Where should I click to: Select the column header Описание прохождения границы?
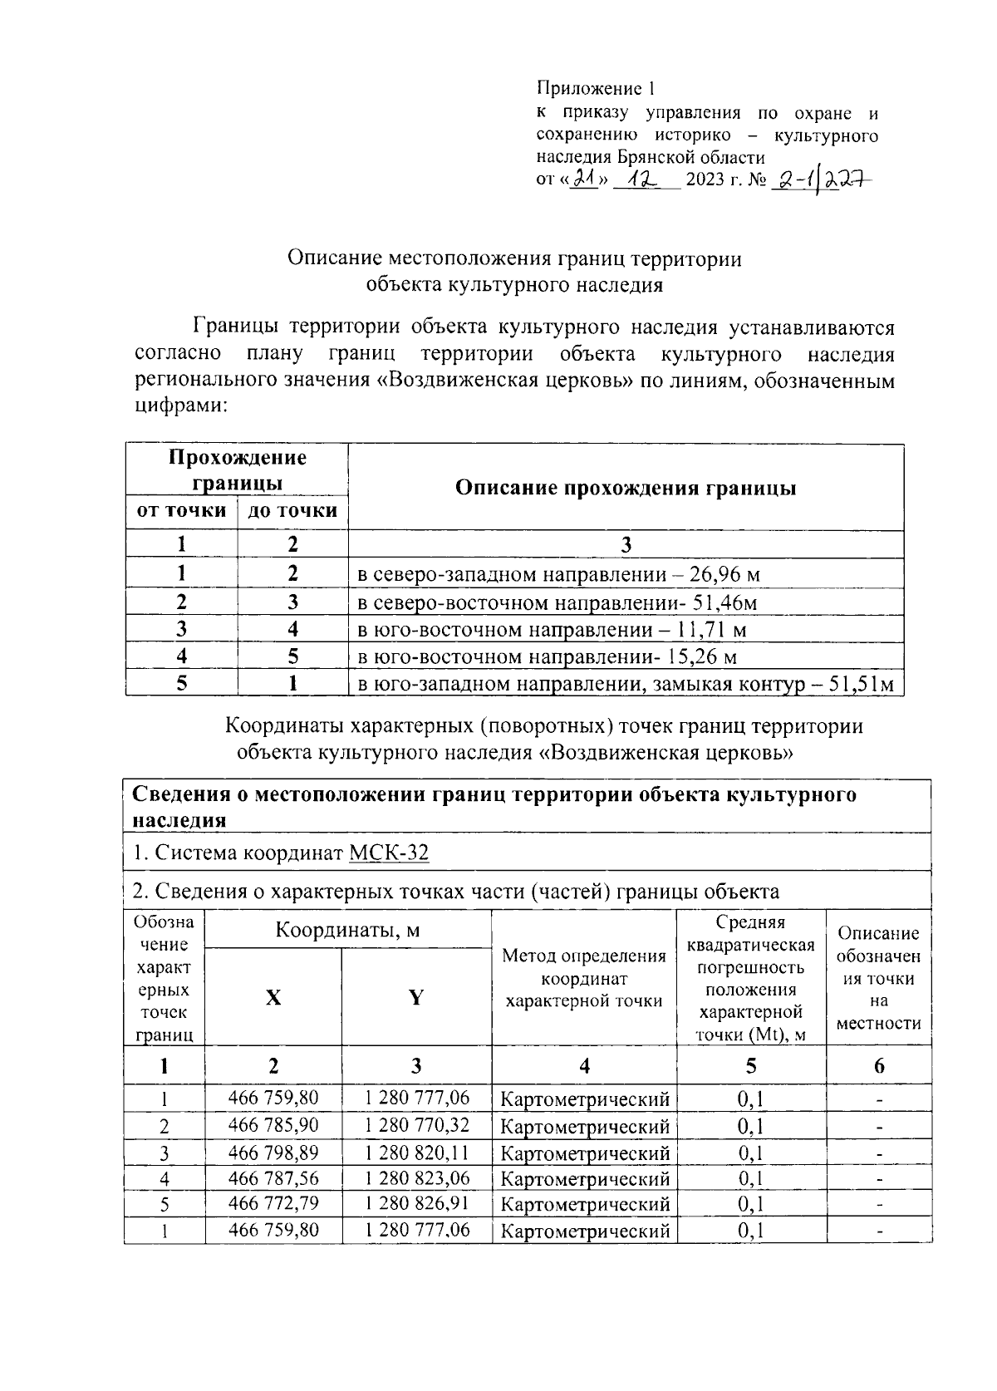[626, 488]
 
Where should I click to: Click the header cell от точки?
[181, 510]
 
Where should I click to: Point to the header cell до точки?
[292, 510]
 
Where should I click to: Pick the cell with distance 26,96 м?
[558, 574]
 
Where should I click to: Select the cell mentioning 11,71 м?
[552, 630]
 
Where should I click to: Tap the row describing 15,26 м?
[548, 657]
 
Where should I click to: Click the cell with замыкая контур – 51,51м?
[625, 685]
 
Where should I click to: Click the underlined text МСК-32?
[389, 853]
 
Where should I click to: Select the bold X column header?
[273, 997]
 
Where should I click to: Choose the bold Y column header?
[416, 997]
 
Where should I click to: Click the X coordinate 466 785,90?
[273, 1126]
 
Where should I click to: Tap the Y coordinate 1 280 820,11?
[416, 1153]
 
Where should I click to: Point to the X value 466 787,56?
[273, 1178]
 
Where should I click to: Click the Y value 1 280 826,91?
[416, 1203]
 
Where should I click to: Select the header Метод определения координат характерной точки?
[584, 979]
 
